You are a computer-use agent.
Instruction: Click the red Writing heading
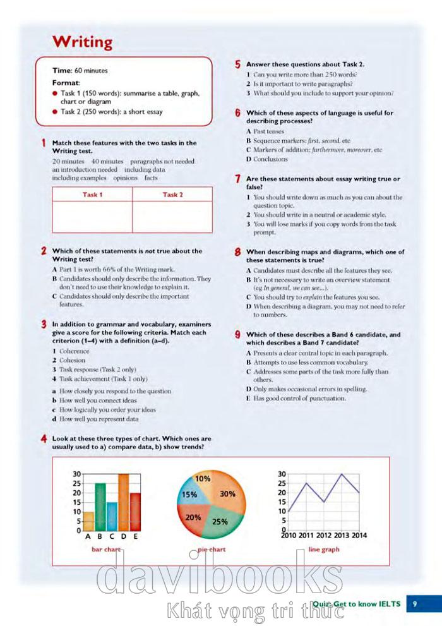point(82,42)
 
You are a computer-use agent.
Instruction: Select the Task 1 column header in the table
point(92,195)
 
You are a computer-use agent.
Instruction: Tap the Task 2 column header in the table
point(172,195)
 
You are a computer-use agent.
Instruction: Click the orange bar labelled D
point(123,502)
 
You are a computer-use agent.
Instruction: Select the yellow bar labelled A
point(89,521)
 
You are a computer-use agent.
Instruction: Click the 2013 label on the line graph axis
point(342,536)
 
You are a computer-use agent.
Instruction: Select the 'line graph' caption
point(324,550)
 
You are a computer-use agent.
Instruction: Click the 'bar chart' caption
point(105,550)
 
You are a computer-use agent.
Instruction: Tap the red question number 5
point(237,64)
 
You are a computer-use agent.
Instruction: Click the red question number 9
point(237,335)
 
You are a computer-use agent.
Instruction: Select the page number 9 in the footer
point(415,604)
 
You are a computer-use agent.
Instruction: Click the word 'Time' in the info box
point(62,71)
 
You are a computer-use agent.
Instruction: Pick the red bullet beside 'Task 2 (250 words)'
point(56,112)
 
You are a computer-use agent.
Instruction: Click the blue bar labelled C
point(112,516)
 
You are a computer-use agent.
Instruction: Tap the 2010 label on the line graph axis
point(289,536)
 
